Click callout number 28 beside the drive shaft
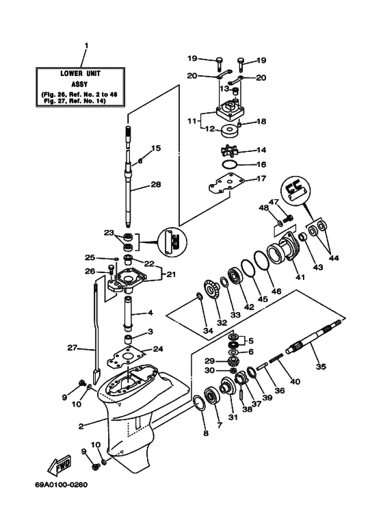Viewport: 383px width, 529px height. (155, 184)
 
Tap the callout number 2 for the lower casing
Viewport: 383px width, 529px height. (81, 426)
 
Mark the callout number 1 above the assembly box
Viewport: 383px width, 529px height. (85, 46)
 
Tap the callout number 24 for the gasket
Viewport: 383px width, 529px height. (158, 348)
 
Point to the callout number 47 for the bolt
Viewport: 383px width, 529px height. (272, 202)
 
